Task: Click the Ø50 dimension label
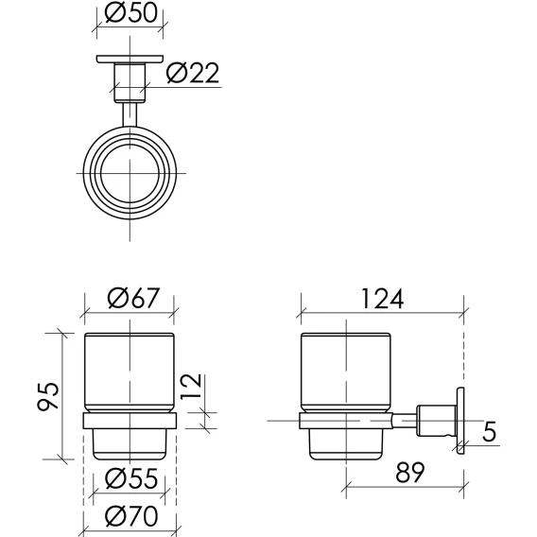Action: (x=131, y=12)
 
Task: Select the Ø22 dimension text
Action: (x=193, y=73)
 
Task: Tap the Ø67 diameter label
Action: (x=133, y=298)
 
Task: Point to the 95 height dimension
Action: (x=48, y=396)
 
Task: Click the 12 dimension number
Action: (x=190, y=387)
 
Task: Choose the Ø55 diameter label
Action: (x=131, y=478)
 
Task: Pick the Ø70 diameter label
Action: (x=131, y=516)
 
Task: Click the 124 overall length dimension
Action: (x=383, y=299)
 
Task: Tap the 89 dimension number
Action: (x=410, y=472)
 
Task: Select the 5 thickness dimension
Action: (x=489, y=431)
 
